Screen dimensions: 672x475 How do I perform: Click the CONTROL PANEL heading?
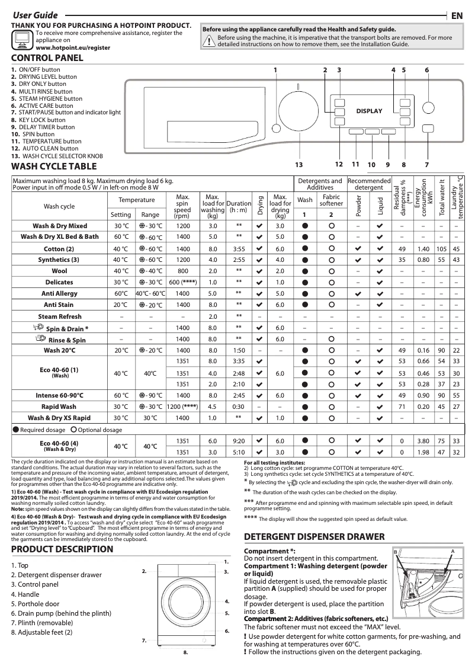coord(47,58)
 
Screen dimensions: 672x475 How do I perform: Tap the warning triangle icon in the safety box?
coord(209,40)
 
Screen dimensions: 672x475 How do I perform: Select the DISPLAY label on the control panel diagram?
coord(369,111)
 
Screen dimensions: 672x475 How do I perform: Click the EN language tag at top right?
coord(457,15)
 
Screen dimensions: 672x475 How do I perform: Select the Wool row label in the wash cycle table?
coord(60,271)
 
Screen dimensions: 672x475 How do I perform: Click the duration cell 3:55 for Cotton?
coord(239,248)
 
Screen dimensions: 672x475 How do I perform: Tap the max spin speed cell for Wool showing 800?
coord(183,271)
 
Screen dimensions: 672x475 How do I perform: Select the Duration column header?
coord(239,203)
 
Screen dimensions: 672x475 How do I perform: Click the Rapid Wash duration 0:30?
coord(239,407)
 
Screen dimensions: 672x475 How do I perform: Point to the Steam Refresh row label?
coord(60,316)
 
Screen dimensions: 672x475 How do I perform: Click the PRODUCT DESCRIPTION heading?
coord(62,549)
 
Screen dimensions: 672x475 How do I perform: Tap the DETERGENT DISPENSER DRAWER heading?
coord(314,537)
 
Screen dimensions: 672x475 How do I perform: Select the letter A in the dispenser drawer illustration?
coord(452,551)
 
